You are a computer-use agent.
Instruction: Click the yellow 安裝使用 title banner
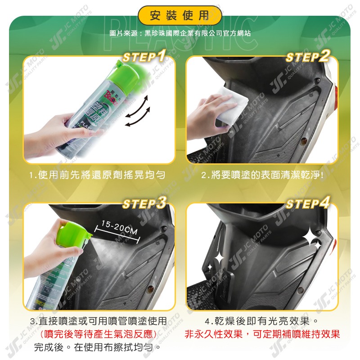[180, 16]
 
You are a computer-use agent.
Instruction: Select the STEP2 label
[308, 57]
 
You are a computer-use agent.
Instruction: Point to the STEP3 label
[144, 203]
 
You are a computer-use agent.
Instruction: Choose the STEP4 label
[308, 203]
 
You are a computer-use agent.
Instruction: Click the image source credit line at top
[180, 33]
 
